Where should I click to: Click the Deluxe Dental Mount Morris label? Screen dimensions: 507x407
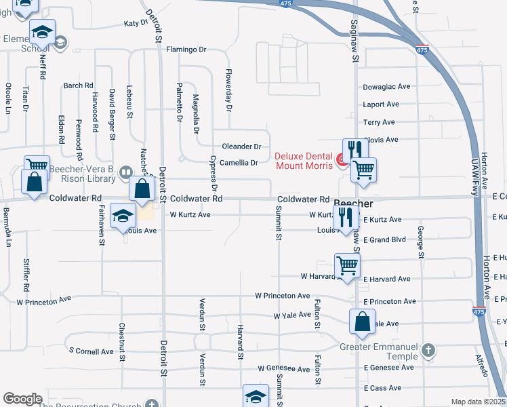click(304, 160)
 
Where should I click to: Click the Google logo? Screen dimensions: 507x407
click(22, 399)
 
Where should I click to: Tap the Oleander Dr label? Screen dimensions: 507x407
click(241, 147)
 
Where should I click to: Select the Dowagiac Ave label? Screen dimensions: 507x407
click(387, 87)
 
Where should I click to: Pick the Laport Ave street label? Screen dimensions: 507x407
click(381, 104)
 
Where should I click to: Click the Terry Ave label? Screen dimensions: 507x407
click(379, 122)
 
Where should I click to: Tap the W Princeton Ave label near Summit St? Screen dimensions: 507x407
click(283, 296)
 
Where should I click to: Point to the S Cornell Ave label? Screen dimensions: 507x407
click(92, 351)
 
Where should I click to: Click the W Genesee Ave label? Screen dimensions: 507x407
click(284, 368)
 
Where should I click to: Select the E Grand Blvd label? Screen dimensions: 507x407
click(384, 240)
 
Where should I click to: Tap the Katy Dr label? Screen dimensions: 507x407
click(136, 24)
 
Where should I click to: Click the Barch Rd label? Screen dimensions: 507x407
click(78, 85)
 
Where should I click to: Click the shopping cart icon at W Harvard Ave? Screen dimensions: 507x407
click(347, 265)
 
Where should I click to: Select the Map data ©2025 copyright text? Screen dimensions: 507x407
click(479, 402)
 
